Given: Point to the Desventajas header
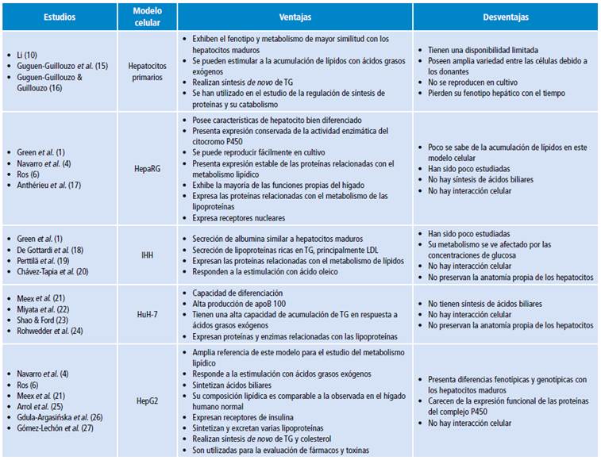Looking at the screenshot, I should coord(506,17).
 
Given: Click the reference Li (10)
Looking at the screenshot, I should coord(29,54).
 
